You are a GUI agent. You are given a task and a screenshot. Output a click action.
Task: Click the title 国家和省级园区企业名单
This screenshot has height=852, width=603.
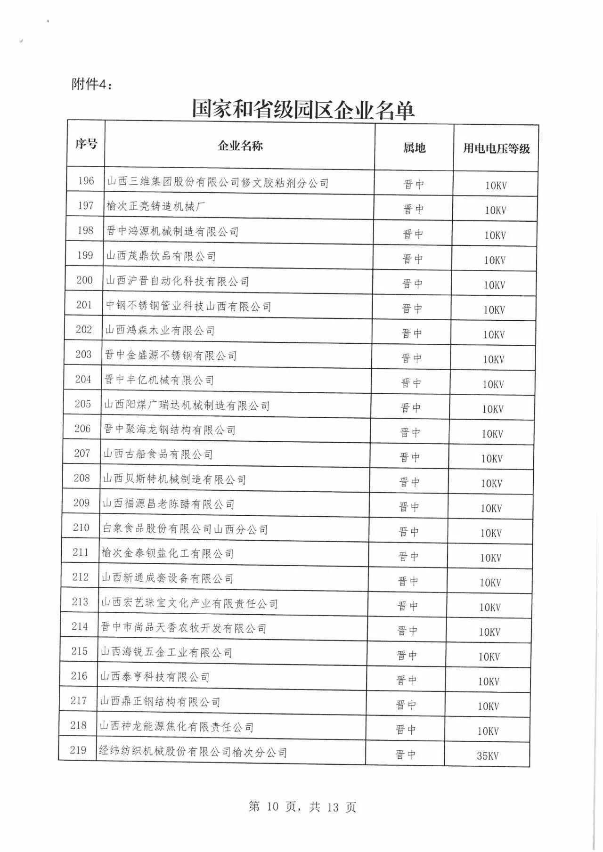tap(302, 110)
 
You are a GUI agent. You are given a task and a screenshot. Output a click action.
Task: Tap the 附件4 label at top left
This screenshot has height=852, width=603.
tap(92, 84)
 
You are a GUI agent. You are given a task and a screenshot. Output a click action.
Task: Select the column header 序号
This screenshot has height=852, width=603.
tap(86, 144)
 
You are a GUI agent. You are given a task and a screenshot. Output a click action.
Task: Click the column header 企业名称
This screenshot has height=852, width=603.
tap(240, 146)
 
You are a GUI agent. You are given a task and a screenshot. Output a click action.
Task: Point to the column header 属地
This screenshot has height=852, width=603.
tap(414, 148)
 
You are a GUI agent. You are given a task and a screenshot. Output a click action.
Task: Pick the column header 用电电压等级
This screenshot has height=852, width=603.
tap(496, 149)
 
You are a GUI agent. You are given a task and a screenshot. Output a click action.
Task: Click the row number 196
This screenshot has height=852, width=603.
tap(86, 181)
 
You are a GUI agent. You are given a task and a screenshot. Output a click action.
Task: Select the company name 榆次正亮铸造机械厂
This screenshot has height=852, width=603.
tap(155, 206)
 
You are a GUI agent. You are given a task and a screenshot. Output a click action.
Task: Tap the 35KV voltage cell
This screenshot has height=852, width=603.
tap(488, 756)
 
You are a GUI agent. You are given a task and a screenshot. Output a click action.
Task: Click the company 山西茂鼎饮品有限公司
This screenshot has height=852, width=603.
tap(161, 256)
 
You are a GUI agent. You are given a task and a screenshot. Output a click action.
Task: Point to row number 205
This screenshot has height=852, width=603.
tap(83, 404)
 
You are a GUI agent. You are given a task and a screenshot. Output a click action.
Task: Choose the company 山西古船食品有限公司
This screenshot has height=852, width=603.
tap(158, 454)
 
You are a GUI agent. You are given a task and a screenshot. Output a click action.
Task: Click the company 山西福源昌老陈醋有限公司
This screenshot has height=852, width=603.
tap(169, 504)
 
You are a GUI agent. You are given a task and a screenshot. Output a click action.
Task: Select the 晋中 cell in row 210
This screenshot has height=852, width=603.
tap(408, 532)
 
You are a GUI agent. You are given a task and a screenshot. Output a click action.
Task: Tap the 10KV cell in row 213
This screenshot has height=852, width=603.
tap(490, 608)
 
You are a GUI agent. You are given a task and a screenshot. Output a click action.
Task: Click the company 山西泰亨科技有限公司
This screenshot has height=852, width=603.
tap(155, 677)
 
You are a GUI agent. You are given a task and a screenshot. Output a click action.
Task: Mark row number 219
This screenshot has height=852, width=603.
tap(78, 750)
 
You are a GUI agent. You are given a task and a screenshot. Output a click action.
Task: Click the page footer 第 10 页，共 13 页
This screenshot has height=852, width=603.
tap(302, 807)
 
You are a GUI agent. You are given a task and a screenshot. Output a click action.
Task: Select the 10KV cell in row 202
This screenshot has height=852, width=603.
tap(494, 335)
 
